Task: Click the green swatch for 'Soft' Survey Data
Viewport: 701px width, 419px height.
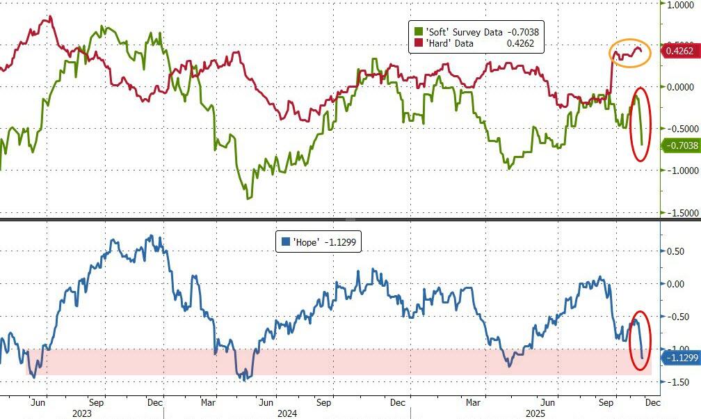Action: (x=419, y=31)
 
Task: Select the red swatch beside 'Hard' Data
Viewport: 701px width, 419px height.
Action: (x=419, y=43)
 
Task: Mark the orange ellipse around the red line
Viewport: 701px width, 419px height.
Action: (x=630, y=53)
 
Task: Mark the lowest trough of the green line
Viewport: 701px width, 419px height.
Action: (x=248, y=198)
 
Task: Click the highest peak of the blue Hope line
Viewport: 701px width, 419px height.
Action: (x=153, y=236)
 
